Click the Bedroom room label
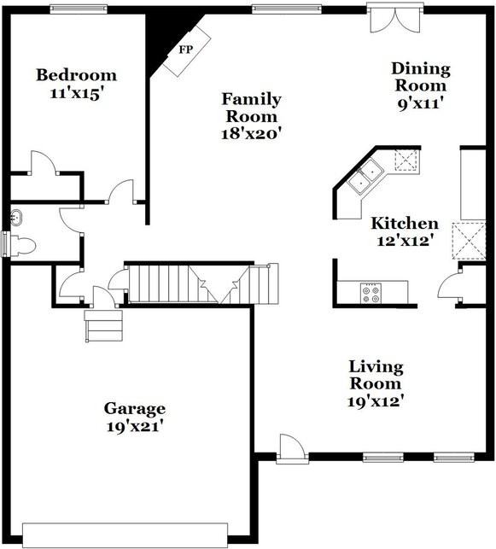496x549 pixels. (x=75, y=75)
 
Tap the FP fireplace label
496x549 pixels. (x=185, y=49)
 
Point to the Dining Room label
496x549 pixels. (x=419, y=77)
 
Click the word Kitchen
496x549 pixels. (x=404, y=224)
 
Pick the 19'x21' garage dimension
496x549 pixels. (x=134, y=426)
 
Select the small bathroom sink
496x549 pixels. (x=15, y=218)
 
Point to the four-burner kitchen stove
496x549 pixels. (x=371, y=293)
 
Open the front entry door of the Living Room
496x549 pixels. (x=292, y=448)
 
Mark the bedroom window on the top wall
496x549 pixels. (x=78, y=9)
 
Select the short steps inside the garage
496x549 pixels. (x=103, y=324)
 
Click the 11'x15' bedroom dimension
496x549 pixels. (x=75, y=93)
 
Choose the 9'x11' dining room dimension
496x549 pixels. (x=419, y=104)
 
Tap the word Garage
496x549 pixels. (x=134, y=408)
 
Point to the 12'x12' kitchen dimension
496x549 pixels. (x=404, y=242)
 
